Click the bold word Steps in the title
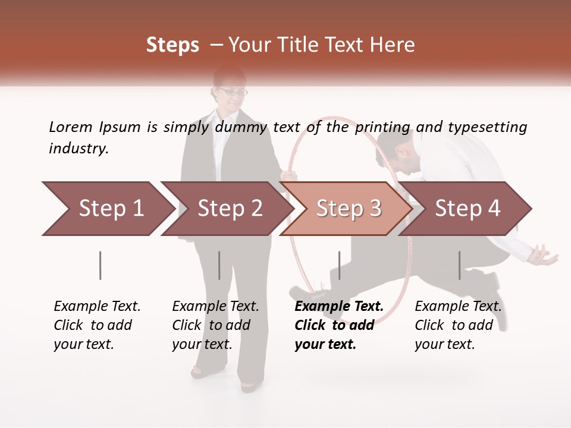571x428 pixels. (x=172, y=45)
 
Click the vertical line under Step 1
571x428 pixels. (x=101, y=265)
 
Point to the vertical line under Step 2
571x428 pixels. (x=219, y=265)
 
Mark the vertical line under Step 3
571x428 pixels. (x=339, y=265)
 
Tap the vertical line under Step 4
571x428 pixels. (x=459, y=265)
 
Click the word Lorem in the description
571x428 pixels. (x=71, y=127)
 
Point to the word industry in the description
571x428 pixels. (x=79, y=148)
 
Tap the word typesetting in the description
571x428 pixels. (x=487, y=127)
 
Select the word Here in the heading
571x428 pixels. (x=392, y=45)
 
